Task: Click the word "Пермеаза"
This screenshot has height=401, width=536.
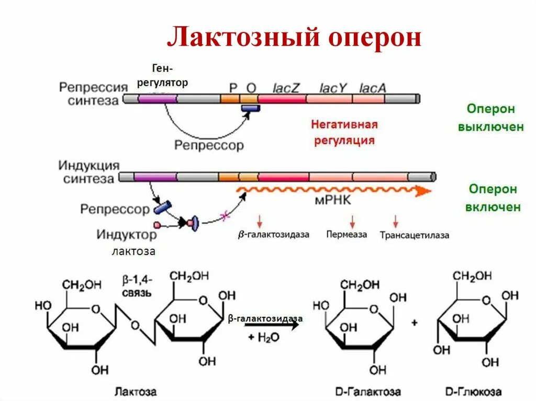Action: (347, 234)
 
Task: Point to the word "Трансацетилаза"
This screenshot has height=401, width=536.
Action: (415, 235)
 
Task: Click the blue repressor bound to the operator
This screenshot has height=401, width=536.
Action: (250, 108)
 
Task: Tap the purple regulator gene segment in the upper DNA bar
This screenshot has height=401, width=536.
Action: (157, 98)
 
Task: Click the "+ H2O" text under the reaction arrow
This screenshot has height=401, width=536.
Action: (264, 337)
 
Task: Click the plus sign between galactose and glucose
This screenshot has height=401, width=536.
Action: (414, 323)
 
